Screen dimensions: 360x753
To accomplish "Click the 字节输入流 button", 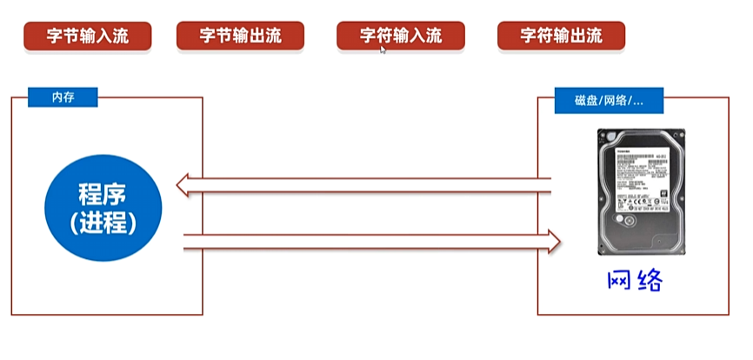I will tap(87, 36).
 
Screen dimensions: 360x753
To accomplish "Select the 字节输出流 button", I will tap(240, 36).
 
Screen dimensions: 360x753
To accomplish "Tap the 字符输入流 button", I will tap(400, 36).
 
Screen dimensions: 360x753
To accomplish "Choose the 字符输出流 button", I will tap(561, 36).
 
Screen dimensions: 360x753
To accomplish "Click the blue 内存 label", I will tap(63, 97).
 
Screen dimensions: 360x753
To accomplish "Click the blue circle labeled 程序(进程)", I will tap(103, 206).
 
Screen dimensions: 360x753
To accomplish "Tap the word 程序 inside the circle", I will tap(103, 192).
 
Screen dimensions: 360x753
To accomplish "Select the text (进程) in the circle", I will tap(103, 222).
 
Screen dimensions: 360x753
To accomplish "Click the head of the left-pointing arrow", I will tap(183, 184).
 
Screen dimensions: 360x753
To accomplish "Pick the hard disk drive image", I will tap(641, 193).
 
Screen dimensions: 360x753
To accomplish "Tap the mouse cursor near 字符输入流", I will tap(383, 49).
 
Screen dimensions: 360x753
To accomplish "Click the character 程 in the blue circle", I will tap(90, 192).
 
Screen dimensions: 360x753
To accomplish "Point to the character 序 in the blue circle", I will tap(118, 192).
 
